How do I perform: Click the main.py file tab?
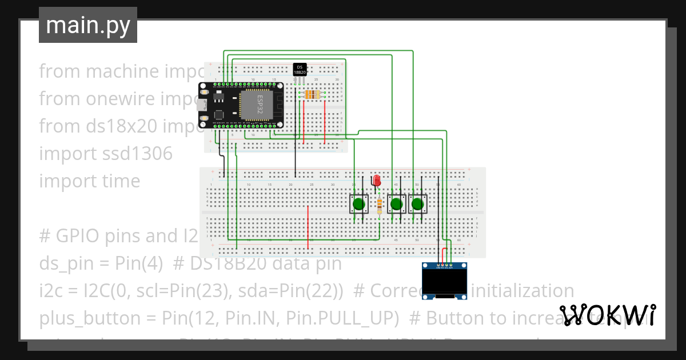88,25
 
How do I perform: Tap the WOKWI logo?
607,315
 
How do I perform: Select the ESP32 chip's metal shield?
257,105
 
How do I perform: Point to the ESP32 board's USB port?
202,105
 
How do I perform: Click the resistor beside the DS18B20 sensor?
312,94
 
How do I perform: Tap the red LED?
376,181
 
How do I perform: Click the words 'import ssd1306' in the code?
106,154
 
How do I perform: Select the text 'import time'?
90,181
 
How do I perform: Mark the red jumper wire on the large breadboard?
308,227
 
